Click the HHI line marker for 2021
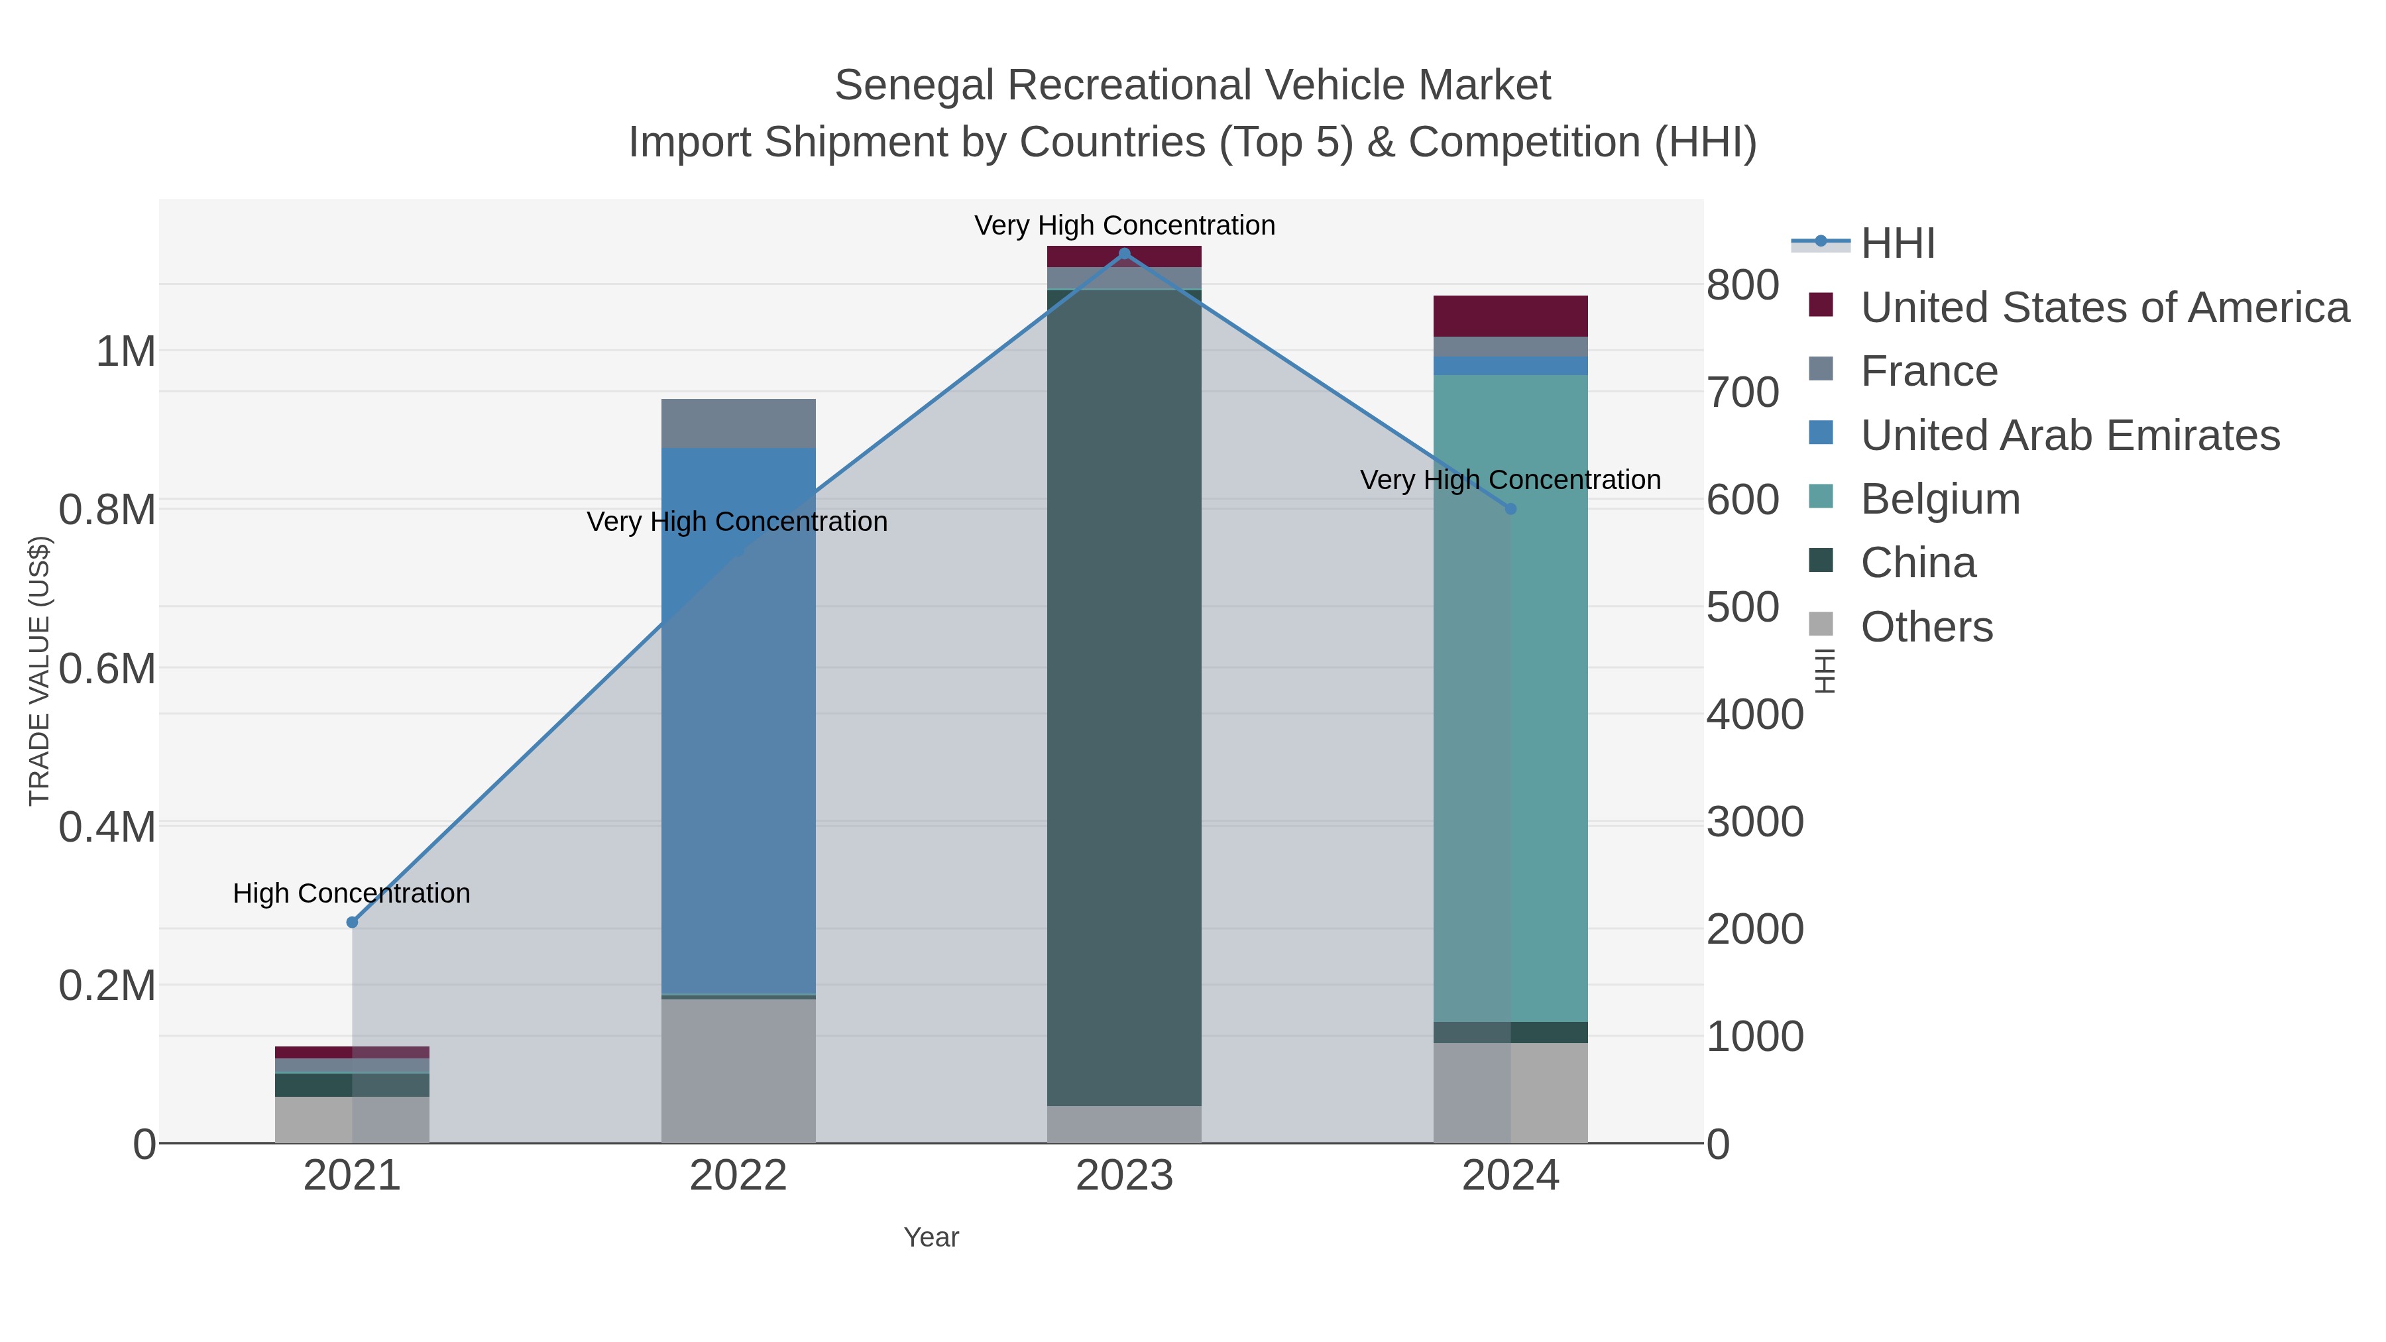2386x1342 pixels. point(352,923)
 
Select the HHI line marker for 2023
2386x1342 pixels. point(1125,254)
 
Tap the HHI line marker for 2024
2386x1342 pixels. point(1510,508)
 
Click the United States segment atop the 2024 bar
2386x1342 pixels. point(1510,316)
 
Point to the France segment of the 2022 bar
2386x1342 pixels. point(738,423)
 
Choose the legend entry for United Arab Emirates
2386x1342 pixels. point(2069,435)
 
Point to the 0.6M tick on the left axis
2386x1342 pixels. point(107,669)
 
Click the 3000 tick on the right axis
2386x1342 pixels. point(1754,822)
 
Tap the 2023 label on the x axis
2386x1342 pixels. point(1125,1176)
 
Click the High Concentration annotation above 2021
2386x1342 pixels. point(351,894)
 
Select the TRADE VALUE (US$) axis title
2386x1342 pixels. point(39,671)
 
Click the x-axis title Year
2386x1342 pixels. point(931,1237)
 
